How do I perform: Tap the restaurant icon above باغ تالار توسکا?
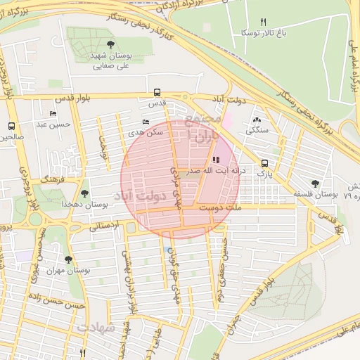coord(264,22)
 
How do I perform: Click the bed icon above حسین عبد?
coord(53,114)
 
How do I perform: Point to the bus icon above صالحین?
coord(11,126)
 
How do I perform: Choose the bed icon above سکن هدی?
coord(146,122)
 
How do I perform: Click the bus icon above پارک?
coord(264,161)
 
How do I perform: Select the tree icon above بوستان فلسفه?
coord(314,183)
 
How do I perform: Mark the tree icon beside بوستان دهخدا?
coord(84,193)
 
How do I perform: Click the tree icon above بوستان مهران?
coord(68,259)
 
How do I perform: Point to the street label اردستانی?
coord(104,226)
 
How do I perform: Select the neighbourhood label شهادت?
coord(95,328)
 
